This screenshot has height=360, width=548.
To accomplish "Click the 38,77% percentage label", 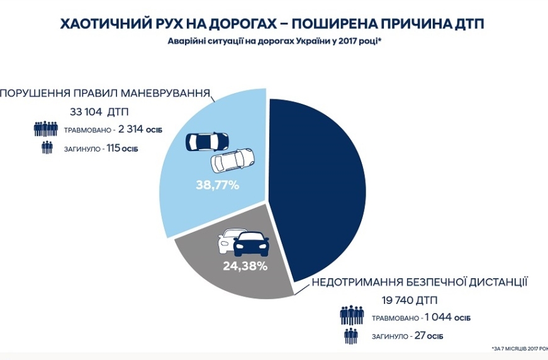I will pos(216,185).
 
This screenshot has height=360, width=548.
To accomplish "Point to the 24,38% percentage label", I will pos(245,265).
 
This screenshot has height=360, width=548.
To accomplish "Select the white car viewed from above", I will pos(232,160).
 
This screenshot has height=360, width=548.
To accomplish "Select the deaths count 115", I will pos(115,149).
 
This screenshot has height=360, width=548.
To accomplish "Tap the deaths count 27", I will pos(418,336).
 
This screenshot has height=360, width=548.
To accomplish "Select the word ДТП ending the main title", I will pos(469,24).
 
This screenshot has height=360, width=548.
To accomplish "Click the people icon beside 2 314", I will pos(46,129).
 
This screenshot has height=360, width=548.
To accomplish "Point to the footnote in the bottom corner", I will pos(519,348).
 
